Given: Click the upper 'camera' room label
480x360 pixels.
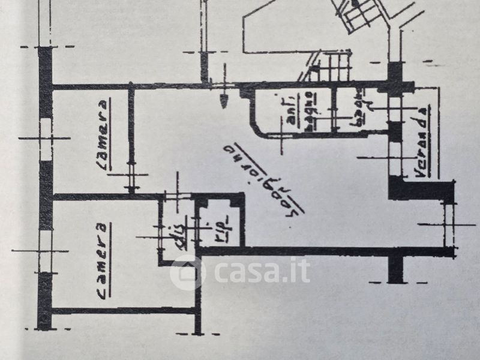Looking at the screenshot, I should (103, 135).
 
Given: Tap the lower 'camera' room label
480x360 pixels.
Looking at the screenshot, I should (103, 261).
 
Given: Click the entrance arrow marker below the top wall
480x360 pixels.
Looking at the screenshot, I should (224, 100).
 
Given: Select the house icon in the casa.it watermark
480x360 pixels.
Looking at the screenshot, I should (187, 273).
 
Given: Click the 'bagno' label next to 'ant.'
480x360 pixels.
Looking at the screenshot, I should (307, 110).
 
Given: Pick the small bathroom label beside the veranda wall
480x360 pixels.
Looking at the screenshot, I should (359, 108).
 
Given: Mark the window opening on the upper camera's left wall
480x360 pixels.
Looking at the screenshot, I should (46, 139).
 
